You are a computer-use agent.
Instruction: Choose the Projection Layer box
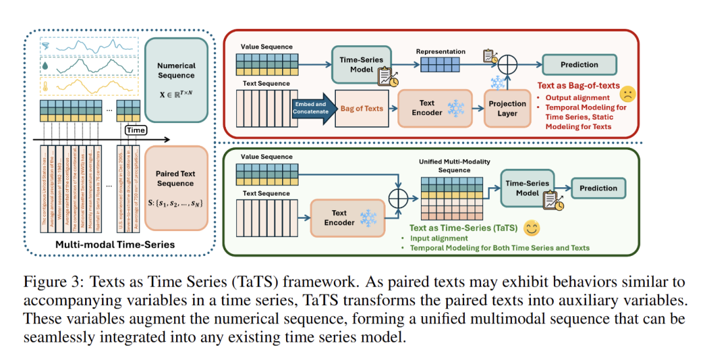click(507, 107)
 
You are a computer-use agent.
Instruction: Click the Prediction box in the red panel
click(579, 65)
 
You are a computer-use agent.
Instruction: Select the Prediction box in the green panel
click(598, 189)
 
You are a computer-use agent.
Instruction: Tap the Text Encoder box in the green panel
click(339, 217)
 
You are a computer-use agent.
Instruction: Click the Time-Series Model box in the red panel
click(361, 65)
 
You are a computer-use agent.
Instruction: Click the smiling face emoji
click(531, 228)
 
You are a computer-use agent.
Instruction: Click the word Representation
click(441, 51)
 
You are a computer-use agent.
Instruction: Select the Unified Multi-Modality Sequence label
click(454, 166)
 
